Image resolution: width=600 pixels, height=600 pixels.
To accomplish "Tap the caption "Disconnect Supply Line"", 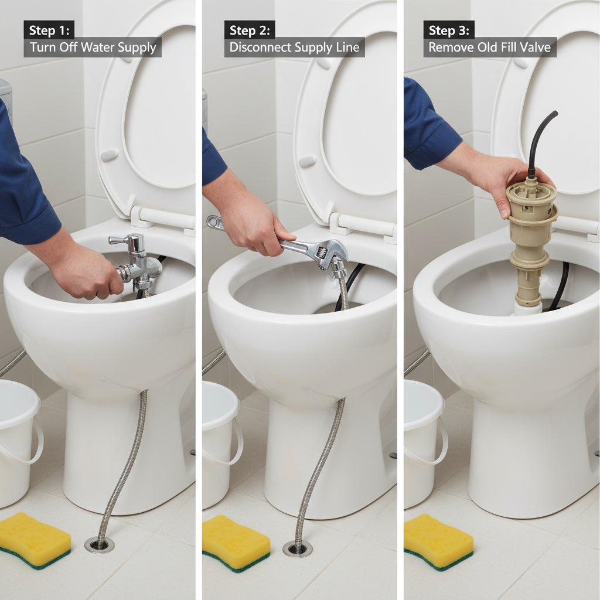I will point(294,47).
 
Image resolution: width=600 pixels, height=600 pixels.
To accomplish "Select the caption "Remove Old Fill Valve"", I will point(489,47).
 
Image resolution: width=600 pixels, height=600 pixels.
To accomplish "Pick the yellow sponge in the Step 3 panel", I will point(438,540).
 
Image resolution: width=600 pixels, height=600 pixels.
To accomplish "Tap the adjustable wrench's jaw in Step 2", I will point(328,253).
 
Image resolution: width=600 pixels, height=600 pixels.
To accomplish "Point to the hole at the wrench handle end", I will point(214,221).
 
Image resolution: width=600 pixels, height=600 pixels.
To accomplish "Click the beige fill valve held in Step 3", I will point(531,234).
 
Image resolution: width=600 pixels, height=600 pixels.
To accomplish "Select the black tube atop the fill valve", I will point(538,141).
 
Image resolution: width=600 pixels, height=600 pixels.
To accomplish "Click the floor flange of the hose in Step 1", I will point(99,544).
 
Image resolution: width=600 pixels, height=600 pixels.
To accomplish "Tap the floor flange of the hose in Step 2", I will point(297,548).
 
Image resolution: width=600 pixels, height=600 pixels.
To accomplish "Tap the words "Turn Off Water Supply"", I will point(92,47).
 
